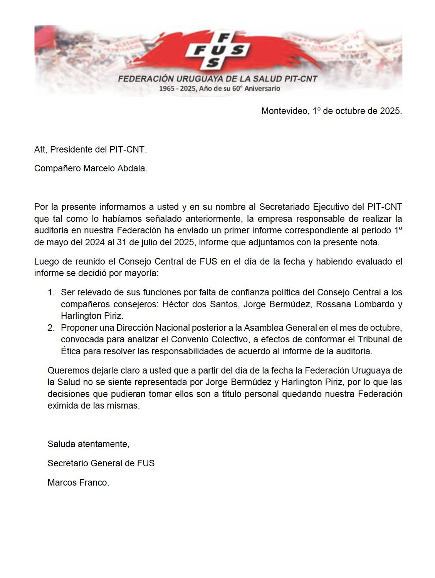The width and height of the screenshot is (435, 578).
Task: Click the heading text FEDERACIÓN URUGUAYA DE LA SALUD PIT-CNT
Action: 218,79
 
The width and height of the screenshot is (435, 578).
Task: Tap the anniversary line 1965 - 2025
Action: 220,89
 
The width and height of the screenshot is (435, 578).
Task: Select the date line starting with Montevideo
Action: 331,111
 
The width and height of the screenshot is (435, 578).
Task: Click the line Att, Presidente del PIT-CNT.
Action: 91,149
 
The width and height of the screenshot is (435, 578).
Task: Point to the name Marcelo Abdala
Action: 115,169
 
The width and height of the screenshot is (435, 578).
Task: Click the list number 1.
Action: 51,293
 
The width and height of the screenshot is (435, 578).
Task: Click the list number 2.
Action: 51,328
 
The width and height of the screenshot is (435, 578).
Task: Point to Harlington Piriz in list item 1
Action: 92,316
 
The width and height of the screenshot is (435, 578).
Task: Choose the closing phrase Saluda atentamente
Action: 88,444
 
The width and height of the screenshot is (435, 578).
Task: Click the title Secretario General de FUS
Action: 101,463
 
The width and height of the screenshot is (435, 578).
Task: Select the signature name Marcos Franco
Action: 78,483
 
